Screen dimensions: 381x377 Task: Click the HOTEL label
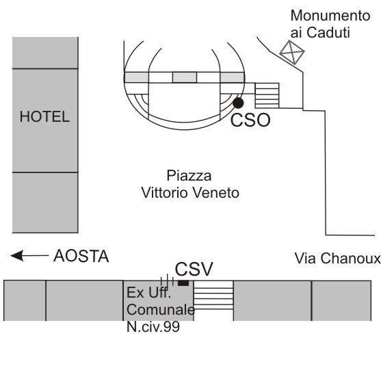44,117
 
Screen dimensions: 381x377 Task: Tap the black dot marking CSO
238,103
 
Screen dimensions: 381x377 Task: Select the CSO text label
250,120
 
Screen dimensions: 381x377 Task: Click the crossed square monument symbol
292,52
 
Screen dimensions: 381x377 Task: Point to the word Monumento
330,16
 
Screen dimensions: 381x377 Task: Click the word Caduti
328,33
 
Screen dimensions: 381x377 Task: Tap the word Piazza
189,176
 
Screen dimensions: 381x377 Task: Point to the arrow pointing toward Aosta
29,255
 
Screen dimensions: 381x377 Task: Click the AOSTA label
81,256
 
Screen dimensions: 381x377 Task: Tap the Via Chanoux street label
337,259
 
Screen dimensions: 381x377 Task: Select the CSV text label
194,269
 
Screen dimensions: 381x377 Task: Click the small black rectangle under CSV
183,283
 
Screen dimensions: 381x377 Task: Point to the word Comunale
161,310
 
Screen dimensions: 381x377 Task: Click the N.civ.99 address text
153,326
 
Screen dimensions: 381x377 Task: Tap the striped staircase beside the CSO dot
267,96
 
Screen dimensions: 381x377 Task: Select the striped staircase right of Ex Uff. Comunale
213,295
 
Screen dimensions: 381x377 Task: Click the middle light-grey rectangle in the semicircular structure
185,77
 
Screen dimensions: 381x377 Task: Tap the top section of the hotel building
45,53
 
